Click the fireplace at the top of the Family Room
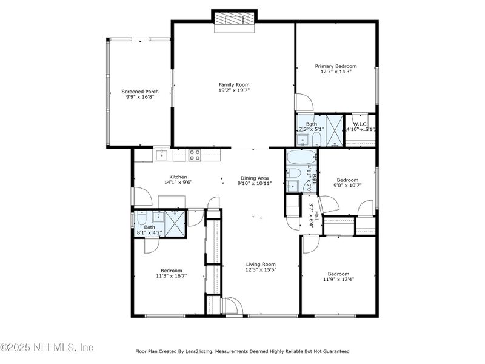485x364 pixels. coord(234,19)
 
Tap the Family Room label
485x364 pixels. coord(234,85)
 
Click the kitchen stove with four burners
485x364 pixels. coord(195,155)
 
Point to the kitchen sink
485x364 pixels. coord(161,155)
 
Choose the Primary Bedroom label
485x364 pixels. coord(335,66)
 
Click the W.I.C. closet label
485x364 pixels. coord(361,124)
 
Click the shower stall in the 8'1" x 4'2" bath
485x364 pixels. coord(176,223)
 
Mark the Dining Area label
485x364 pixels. coord(254,178)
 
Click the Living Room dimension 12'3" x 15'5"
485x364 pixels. coord(261,269)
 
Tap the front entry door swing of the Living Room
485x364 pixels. coord(233,305)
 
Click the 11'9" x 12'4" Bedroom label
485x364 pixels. coord(338,274)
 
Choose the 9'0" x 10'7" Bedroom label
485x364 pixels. coord(347,180)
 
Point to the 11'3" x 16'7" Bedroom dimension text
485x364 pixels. coord(172,275)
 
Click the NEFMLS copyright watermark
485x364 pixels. coord(47,348)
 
